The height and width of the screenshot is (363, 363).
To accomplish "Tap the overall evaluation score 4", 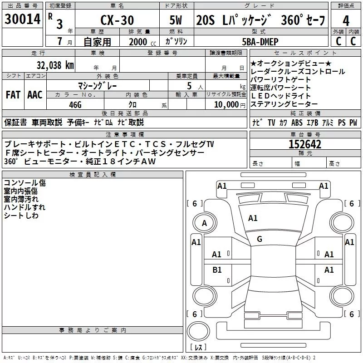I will pyautogui.click(x=346, y=21).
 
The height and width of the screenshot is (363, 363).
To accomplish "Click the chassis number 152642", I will pyautogui.click(x=305, y=144).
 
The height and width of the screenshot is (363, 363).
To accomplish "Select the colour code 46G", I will pyautogui.click(x=75, y=104).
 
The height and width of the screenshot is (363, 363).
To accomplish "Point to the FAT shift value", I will pyautogui.click(x=13, y=95).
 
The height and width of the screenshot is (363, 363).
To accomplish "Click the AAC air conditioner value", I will pyautogui.click(x=34, y=95).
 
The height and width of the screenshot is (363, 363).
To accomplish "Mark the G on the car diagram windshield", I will pyautogui.click(x=260, y=239).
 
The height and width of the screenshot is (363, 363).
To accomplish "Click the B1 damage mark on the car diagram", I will pyautogui.click(x=217, y=270).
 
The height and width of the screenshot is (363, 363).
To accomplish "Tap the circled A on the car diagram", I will pyautogui.click(x=204, y=223).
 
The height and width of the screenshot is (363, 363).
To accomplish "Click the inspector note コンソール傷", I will pyautogui.click(x=25, y=183).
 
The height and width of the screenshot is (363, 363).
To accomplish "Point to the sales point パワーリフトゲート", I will pyautogui.click(x=280, y=80).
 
